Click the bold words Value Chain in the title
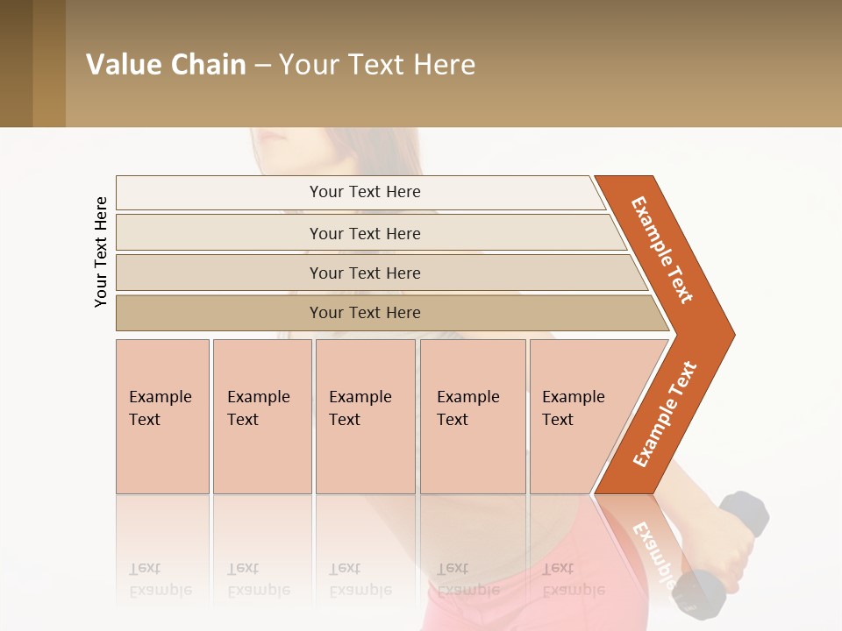166,65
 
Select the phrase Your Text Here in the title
377,65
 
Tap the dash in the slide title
262,66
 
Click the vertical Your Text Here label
101,252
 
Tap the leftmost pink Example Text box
162,416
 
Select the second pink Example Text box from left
262,416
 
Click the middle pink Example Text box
365,416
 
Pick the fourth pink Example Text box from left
473,416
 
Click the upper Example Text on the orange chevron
662,250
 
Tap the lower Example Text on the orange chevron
665,414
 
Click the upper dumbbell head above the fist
745,513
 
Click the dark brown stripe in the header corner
16,63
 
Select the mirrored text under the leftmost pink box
161,579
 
